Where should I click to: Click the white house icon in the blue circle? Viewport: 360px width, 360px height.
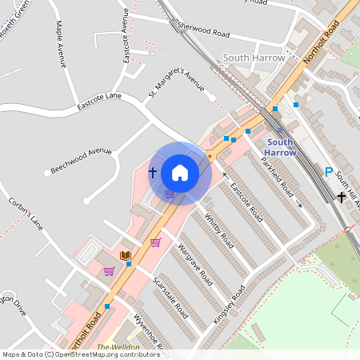click(180, 172)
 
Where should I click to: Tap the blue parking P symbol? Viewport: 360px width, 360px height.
click(328, 172)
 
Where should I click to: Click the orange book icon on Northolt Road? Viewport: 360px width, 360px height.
click(125, 255)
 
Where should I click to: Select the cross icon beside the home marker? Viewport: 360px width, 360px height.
click(152, 172)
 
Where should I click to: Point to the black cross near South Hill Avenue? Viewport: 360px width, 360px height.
click(342, 196)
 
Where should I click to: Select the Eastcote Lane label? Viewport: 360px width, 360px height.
click(99, 101)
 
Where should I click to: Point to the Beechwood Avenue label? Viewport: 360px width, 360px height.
click(81, 160)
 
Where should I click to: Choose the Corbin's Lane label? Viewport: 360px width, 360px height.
click(26, 212)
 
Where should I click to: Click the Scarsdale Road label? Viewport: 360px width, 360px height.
click(170, 297)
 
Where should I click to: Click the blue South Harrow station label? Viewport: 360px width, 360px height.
click(280, 147)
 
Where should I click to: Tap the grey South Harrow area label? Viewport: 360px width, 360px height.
click(254, 58)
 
